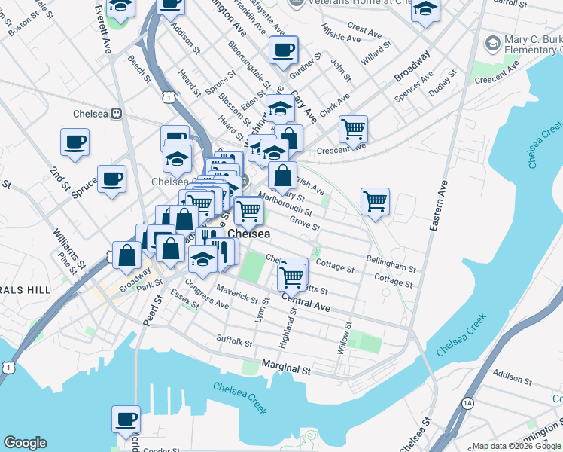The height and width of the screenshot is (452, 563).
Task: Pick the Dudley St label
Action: click(x=443, y=84)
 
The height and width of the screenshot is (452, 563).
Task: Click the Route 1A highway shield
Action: click(x=467, y=404)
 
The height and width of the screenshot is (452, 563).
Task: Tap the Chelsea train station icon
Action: click(x=117, y=114)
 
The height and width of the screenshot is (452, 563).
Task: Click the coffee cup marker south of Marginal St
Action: click(x=126, y=418)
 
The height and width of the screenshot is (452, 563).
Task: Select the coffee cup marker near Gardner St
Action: click(x=284, y=51)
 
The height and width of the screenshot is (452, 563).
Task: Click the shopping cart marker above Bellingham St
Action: click(x=374, y=201)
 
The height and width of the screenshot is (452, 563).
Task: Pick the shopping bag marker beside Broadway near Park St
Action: click(x=126, y=255)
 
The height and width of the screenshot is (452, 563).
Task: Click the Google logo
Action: click(x=25, y=443)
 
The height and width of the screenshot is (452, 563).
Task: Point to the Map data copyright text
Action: click(x=515, y=446)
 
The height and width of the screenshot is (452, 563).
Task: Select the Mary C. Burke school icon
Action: click(x=494, y=44)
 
